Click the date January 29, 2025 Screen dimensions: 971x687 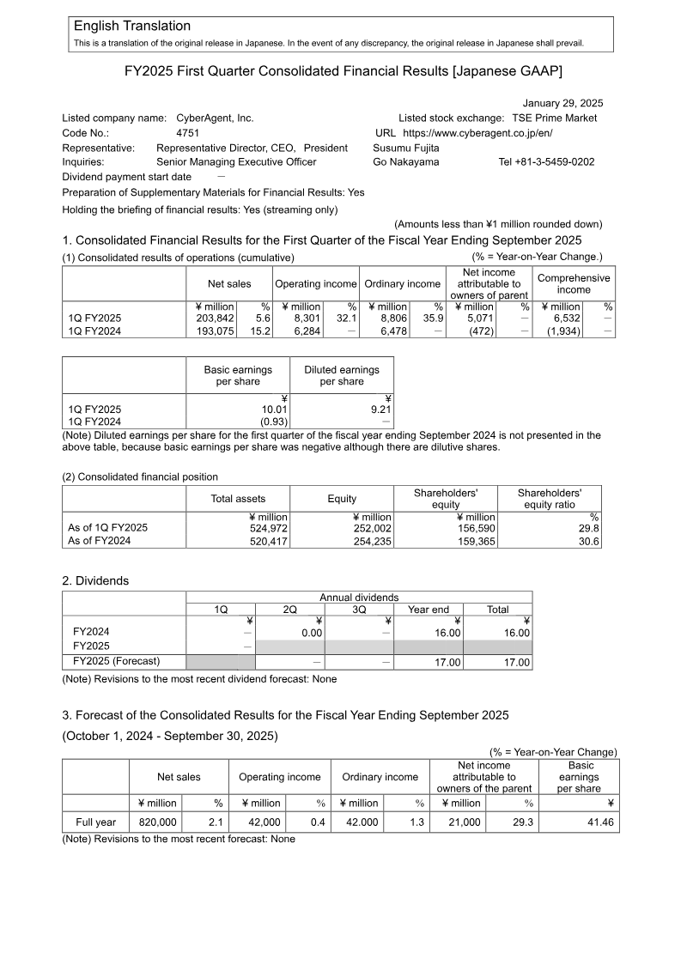point(562,103)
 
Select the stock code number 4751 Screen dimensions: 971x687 point(187,133)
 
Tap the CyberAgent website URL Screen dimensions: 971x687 point(477,133)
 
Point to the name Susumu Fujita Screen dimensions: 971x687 point(406,148)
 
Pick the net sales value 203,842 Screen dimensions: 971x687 point(210,318)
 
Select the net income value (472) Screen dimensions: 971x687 point(482,331)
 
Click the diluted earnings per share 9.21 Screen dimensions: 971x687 point(380,410)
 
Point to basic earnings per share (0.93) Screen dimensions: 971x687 point(274,422)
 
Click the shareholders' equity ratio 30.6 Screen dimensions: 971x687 point(588,542)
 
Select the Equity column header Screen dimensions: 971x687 point(342,499)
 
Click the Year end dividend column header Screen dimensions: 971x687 point(428,610)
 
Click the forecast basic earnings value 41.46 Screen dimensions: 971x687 point(599,822)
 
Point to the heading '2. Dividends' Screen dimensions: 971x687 point(95,581)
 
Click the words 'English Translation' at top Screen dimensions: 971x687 point(132,26)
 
